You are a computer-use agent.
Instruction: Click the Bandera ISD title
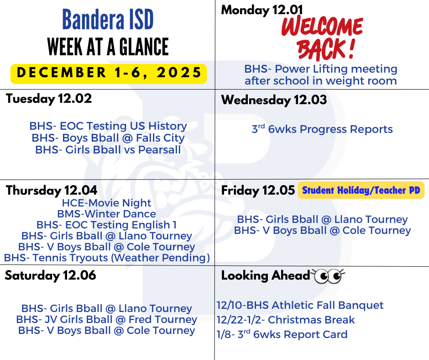(108, 19)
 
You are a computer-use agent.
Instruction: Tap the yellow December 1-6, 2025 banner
(109, 74)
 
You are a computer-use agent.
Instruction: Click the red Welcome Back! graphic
(322, 38)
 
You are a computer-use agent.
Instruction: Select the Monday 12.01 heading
(262, 10)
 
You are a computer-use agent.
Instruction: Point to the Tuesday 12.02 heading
(49, 99)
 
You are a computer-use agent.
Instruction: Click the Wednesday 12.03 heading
(274, 100)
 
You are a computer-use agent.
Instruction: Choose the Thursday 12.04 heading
(52, 191)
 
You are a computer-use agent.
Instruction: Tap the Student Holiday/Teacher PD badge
(361, 190)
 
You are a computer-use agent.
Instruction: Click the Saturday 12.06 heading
(50, 275)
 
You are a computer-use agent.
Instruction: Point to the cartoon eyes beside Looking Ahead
(329, 276)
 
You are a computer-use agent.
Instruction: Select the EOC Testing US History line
(108, 126)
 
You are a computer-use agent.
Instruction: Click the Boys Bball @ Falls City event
(108, 138)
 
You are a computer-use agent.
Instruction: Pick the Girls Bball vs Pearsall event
(108, 150)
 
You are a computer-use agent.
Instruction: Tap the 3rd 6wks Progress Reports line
(322, 129)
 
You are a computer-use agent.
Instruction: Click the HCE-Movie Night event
(106, 203)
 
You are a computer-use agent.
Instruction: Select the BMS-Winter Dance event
(106, 214)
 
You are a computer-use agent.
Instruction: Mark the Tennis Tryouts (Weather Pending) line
(107, 258)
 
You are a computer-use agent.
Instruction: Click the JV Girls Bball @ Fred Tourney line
(106, 319)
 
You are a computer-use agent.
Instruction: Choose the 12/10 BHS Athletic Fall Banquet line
(300, 305)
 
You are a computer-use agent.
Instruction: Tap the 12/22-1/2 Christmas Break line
(286, 320)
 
